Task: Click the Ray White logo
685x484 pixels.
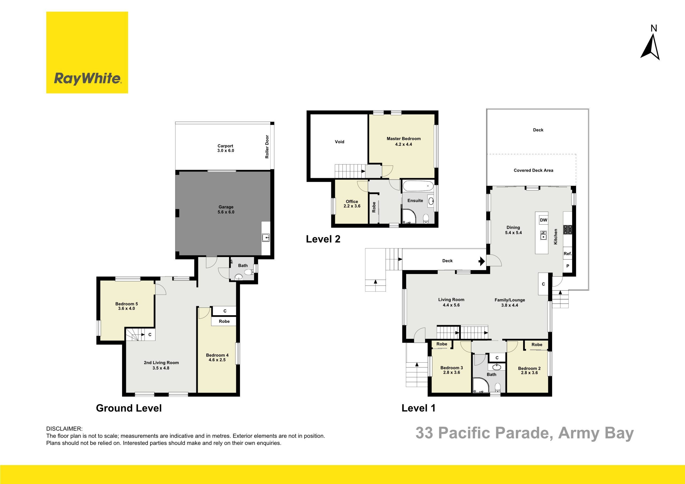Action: [x=87, y=52]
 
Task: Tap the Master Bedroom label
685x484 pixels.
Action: [x=404, y=139]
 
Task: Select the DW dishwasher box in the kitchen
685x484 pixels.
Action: [x=543, y=220]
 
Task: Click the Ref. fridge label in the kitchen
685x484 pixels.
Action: [x=568, y=254]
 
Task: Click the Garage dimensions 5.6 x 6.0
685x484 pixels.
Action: [x=226, y=212]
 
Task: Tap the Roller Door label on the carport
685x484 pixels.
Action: [x=267, y=147]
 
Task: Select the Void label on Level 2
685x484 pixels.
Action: [x=340, y=142]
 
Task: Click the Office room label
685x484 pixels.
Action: [x=352, y=202]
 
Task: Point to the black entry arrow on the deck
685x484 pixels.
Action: [x=482, y=261]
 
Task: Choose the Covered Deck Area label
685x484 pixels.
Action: [x=534, y=171]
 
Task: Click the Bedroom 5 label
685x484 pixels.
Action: [x=127, y=304]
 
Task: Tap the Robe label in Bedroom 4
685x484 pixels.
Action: [x=224, y=321]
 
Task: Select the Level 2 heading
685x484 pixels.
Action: [x=323, y=239]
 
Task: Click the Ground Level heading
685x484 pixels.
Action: [x=129, y=408]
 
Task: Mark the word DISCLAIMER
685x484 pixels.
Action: [x=64, y=429]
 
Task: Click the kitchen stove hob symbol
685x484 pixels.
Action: [x=568, y=229]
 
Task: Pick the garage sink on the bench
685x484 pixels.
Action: [x=265, y=238]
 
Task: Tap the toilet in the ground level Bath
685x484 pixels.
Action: [x=249, y=272]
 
